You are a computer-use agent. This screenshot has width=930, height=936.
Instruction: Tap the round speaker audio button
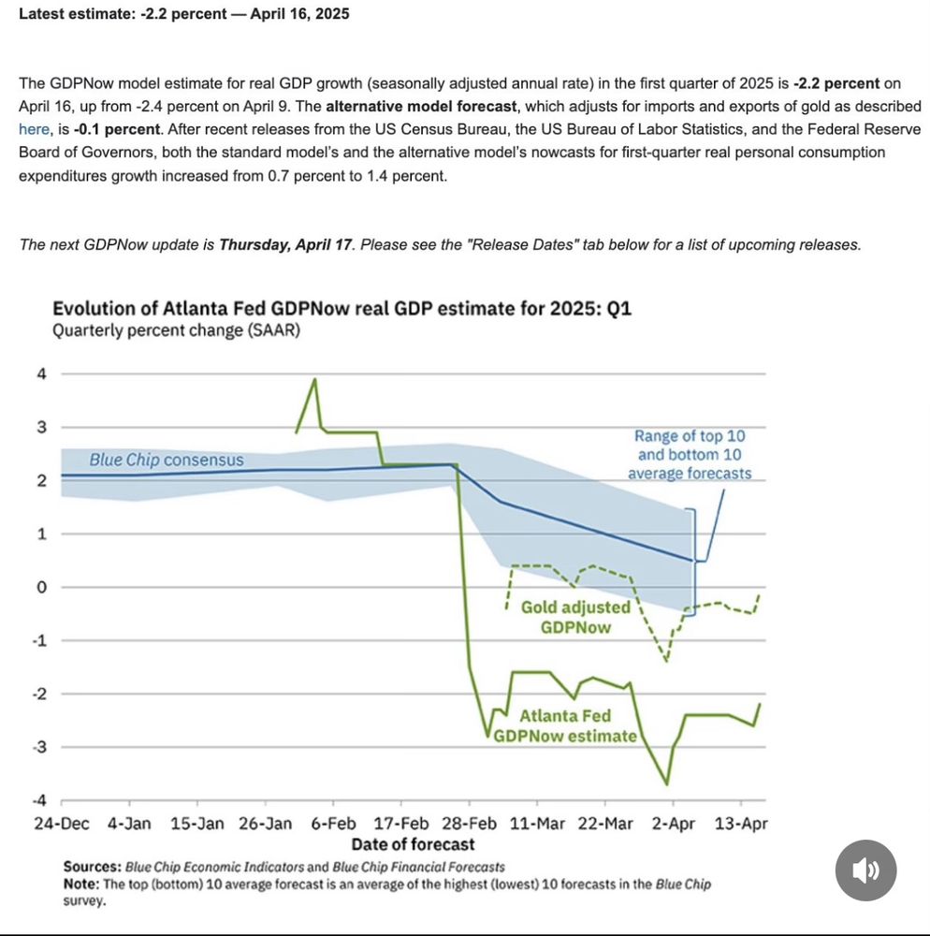point(865,870)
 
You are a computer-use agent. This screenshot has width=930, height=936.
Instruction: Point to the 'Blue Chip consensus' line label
point(166,460)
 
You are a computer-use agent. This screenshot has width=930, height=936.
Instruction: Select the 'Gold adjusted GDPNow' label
point(575,617)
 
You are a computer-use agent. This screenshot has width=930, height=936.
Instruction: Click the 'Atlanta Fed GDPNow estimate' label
point(565,726)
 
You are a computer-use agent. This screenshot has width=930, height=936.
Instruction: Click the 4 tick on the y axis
point(40,374)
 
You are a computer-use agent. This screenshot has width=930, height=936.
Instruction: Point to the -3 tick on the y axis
point(38,747)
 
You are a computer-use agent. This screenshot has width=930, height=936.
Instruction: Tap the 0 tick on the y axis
point(40,588)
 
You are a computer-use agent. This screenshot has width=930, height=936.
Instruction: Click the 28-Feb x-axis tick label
point(470,824)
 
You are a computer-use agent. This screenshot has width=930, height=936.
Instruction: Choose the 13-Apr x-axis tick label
point(741,824)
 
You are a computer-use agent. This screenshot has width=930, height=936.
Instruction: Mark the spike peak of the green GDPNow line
point(315,379)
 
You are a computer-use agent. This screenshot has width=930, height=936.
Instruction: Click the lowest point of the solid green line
point(667,784)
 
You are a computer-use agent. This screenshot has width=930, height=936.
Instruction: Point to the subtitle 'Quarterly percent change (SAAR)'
point(176,330)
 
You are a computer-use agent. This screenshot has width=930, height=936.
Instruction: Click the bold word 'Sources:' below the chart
point(92,867)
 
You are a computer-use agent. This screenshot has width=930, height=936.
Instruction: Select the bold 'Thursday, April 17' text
point(285,244)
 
